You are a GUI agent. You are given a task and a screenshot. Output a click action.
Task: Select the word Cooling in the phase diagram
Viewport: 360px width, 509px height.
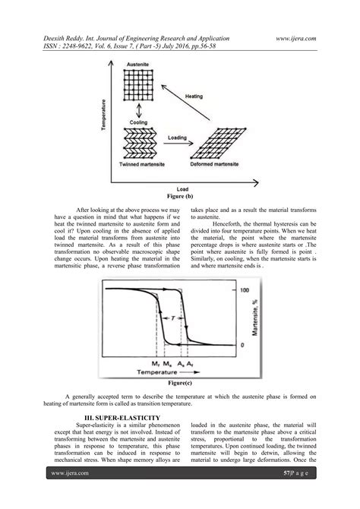(x=137, y=122)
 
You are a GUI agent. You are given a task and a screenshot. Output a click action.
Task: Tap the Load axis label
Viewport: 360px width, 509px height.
(x=180, y=189)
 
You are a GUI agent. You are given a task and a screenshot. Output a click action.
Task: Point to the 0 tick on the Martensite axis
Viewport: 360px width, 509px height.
(x=242, y=346)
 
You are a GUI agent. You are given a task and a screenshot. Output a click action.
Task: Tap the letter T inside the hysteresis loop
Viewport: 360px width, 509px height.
(x=174, y=319)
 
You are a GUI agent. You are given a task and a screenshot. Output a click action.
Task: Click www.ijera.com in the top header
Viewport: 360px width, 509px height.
(x=296, y=37)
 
